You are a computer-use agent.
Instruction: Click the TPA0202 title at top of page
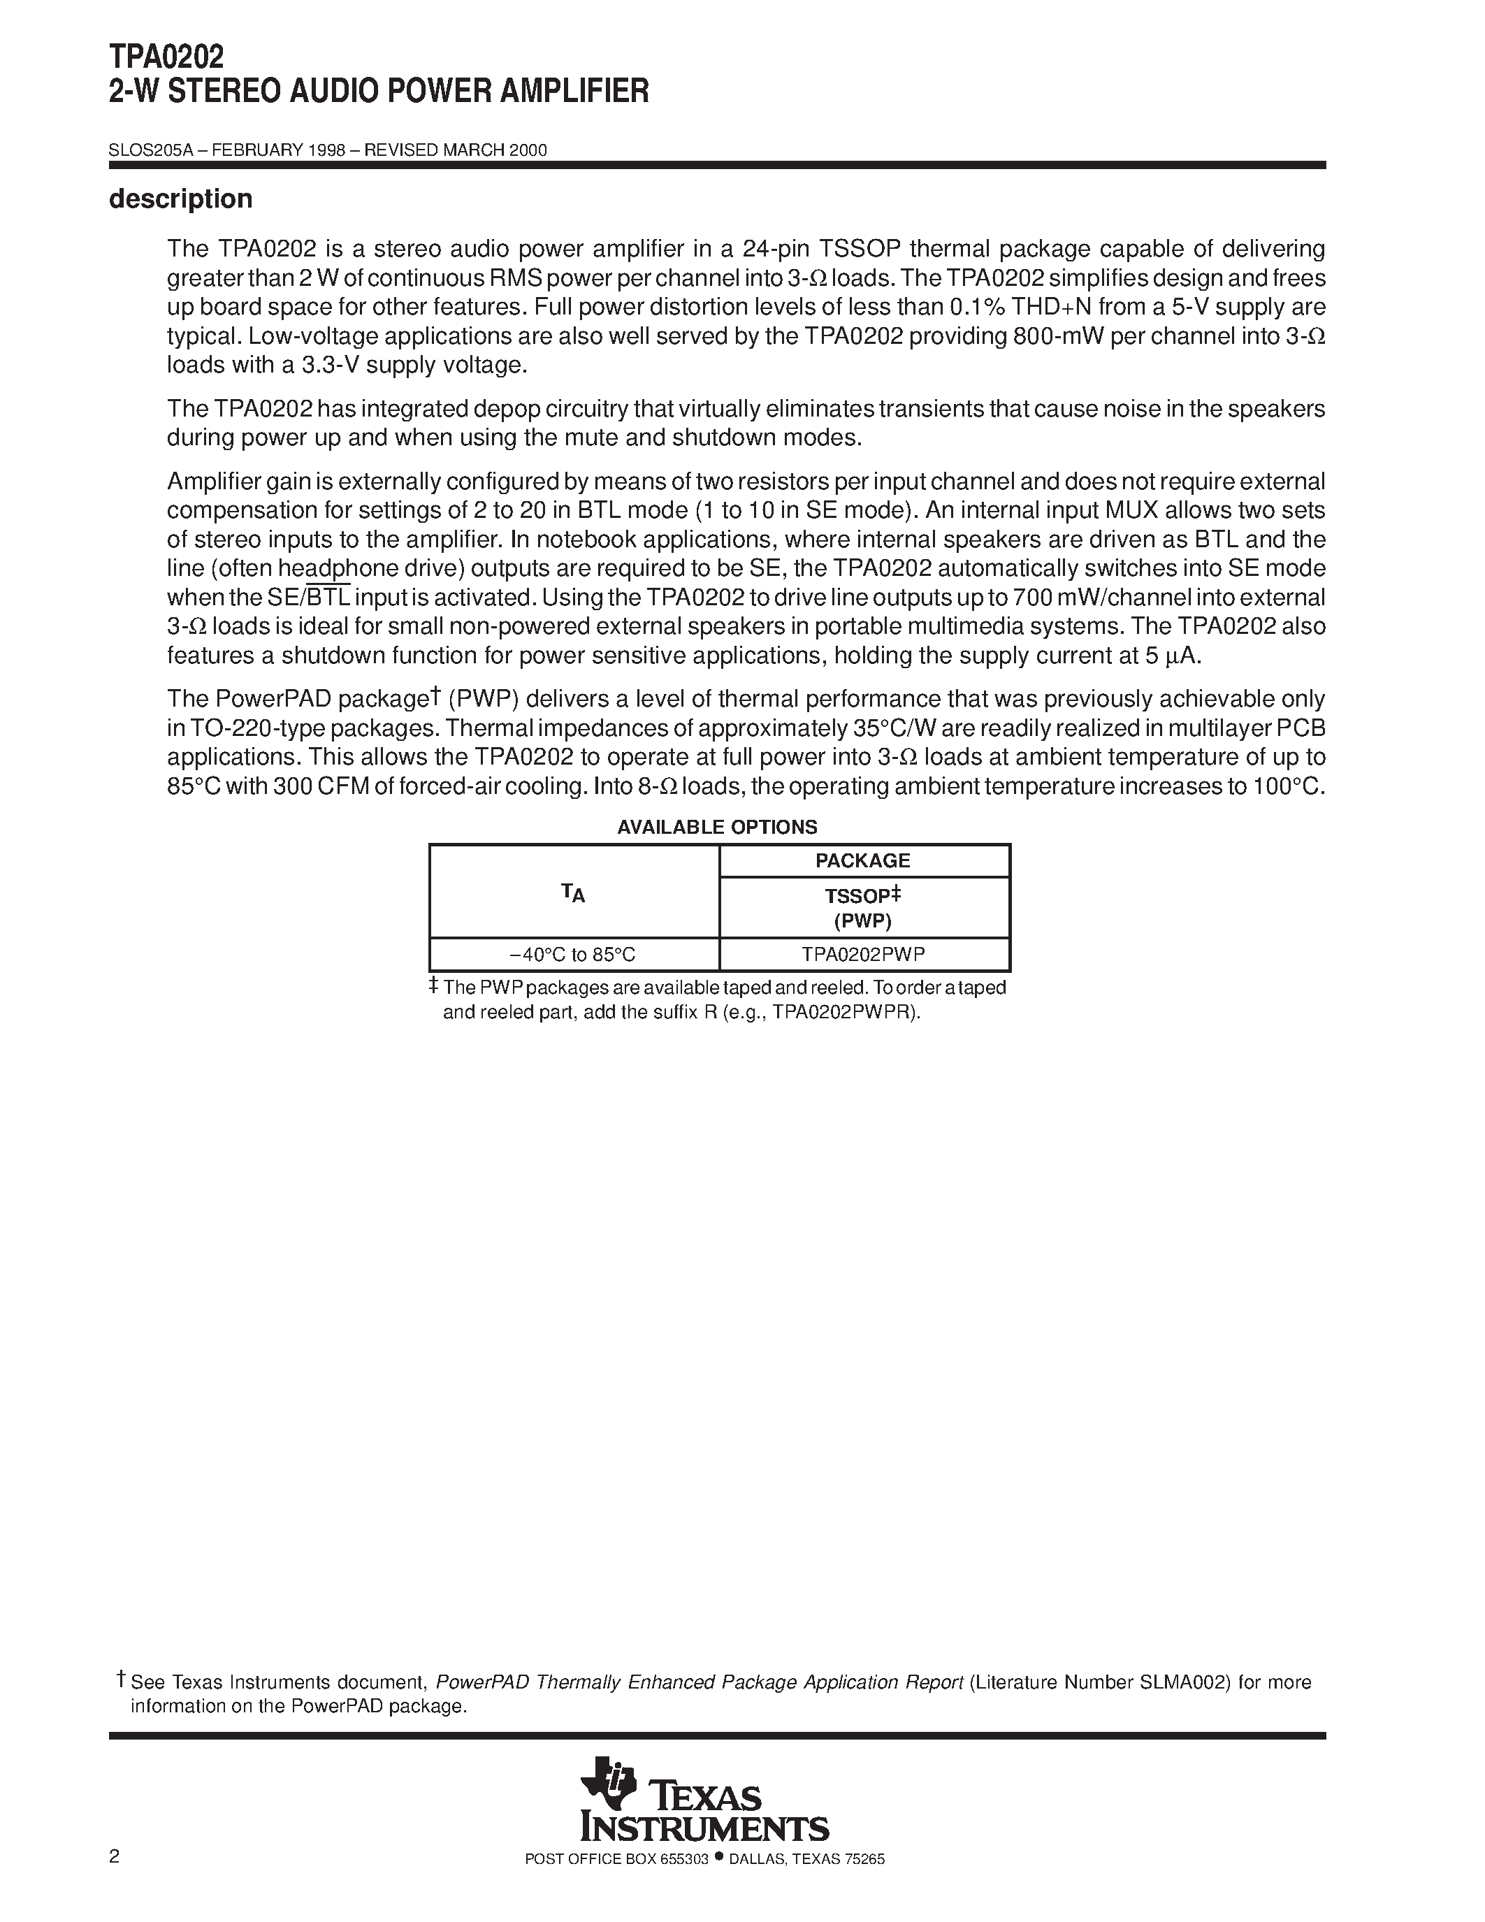(x=166, y=57)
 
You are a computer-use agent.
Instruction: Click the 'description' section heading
(x=180, y=199)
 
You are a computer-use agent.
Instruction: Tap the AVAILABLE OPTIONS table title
(x=717, y=828)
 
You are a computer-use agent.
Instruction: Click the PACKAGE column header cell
(x=863, y=860)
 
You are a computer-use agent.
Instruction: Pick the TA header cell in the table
(x=574, y=893)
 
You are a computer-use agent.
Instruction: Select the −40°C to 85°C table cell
(x=573, y=954)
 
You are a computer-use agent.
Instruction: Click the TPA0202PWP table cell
(x=863, y=954)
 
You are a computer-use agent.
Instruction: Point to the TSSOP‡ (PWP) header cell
(x=863, y=907)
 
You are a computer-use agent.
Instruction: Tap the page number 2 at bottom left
(x=115, y=1882)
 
